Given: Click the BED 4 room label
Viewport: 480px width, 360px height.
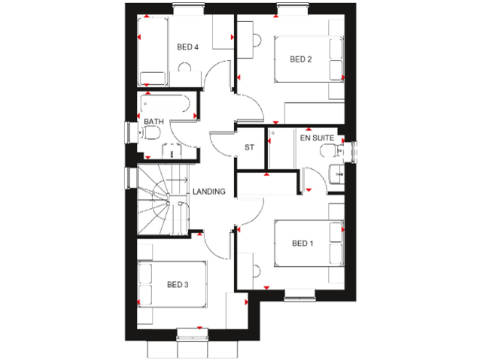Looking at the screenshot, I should pyautogui.click(x=187, y=47).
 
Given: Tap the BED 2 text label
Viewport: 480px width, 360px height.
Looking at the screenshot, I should pyautogui.click(x=301, y=59).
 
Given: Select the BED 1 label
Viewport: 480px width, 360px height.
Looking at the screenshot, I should pyautogui.click(x=302, y=243).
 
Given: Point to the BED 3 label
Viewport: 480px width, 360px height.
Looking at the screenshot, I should pyautogui.click(x=177, y=285).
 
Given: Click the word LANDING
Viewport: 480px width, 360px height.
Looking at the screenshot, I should pyautogui.click(x=209, y=192).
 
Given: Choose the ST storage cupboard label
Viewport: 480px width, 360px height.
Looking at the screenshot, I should pyautogui.click(x=250, y=148).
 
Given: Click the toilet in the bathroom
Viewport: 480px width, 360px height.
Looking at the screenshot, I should pyautogui.click(x=150, y=132).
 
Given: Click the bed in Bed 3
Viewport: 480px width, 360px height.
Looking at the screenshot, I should pyautogui.click(x=171, y=285).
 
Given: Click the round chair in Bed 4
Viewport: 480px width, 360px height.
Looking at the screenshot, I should pyautogui.click(x=184, y=67).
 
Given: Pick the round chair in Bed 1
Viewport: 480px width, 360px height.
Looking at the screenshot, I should pyautogui.click(x=256, y=271).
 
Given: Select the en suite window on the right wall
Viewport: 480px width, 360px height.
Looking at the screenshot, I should pyautogui.click(x=354, y=152).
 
